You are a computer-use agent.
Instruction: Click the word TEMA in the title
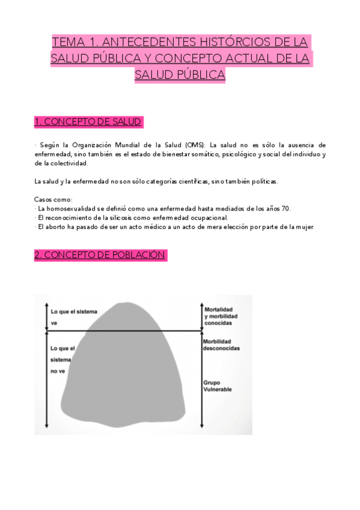point(68,43)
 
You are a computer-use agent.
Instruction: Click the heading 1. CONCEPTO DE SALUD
point(89,122)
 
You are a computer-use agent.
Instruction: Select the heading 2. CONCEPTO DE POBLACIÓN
point(99,255)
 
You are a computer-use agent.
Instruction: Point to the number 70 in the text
point(285,209)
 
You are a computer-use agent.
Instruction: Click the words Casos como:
point(53,200)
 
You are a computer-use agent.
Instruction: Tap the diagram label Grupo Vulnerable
point(218,386)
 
